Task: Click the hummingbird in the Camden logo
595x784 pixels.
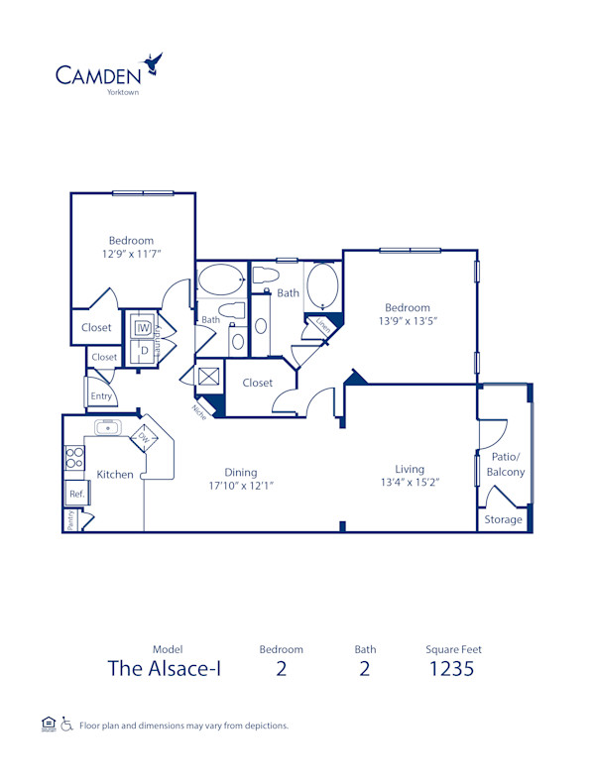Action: pyautogui.click(x=153, y=64)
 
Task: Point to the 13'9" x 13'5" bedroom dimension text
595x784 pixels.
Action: pyautogui.click(x=408, y=321)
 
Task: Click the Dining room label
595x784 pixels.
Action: pyautogui.click(x=240, y=472)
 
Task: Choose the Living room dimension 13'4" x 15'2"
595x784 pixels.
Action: pyautogui.click(x=409, y=483)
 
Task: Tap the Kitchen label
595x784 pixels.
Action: pyautogui.click(x=115, y=474)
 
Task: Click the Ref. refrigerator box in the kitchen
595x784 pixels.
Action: pyautogui.click(x=74, y=493)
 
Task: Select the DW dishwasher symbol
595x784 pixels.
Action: pyautogui.click(x=144, y=437)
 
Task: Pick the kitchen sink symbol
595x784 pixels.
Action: pyautogui.click(x=108, y=428)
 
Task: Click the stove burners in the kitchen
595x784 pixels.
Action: pyautogui.click(x=73, y=457)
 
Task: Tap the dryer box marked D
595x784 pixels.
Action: pyautogui.click(x=143, y=349)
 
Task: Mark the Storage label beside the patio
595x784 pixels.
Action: pyautogui.click(x=503, y=519)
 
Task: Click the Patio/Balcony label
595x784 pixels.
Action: pyautogui.click(x=506, y=464)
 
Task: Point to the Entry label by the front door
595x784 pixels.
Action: pyautogui.click(x=101, y=395)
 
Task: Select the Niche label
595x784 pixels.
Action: pyautogui.click(x=200, y=410)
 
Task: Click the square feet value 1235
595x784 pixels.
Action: pyautogui.click(x=453, y=668)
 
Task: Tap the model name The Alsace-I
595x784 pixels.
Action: pyautogui.click(x=165, y=668)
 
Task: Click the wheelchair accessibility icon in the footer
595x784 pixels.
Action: pyautogui.click(x=67, y=725)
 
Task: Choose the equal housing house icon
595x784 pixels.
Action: pyautogui.click(x=48, y=725)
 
